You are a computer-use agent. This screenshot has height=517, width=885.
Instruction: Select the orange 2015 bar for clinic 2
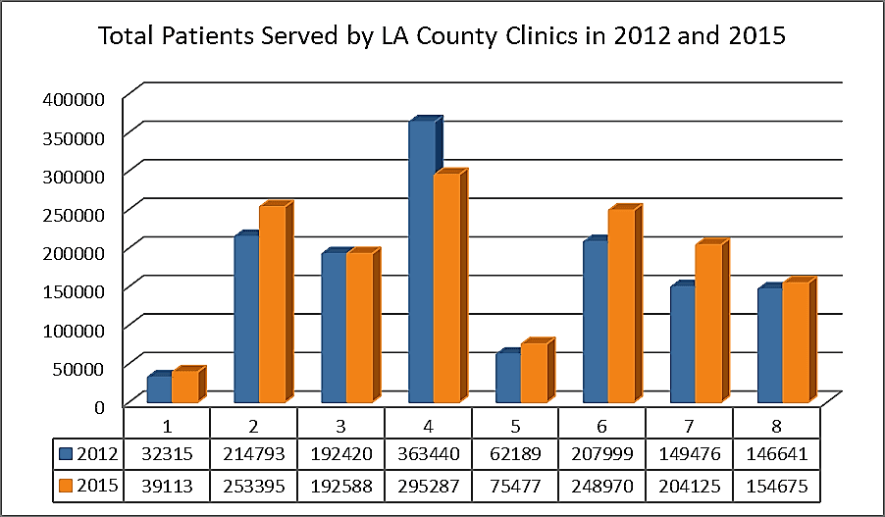tap(272, 304)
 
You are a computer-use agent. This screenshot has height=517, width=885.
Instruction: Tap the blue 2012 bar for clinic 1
tap(159, 389)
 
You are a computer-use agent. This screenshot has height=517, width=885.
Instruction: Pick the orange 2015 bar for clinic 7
tap(708, 323)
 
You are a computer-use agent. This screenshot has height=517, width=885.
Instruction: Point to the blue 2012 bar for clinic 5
tap(507, 378)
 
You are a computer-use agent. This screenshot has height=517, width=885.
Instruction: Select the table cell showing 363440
tap(428, 454)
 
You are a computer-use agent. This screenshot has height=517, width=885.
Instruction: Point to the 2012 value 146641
tap(776, 454)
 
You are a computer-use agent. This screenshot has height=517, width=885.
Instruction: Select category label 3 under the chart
tap(340, 427)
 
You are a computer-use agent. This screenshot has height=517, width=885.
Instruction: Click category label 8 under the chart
tap(776, 427)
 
